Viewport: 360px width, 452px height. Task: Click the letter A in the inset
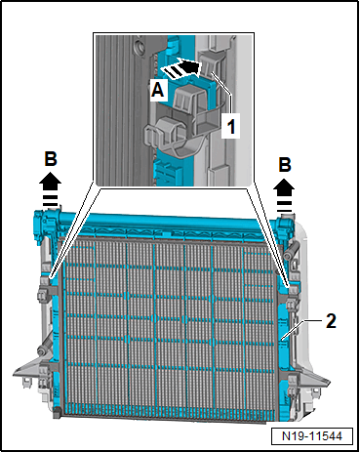coord(158,89)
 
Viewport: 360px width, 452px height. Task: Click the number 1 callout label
coord(231,126)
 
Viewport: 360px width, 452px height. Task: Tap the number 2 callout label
coord(331,321)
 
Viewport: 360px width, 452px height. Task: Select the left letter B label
coord(51,159)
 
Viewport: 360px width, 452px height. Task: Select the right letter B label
coord(285,165)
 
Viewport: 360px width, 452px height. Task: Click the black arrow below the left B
coord(51,190)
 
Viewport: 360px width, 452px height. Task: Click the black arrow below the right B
coord(284,195)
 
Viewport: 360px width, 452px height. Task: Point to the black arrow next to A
coord(180,69)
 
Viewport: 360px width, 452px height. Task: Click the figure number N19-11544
coord(312,435)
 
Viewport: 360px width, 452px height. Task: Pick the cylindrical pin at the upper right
coord(290,250)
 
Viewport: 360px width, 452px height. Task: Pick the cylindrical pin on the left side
coord(45,348)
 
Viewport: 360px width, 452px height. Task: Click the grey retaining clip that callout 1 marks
coord(210,65)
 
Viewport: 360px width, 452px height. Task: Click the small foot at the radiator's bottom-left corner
coord(58,413)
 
